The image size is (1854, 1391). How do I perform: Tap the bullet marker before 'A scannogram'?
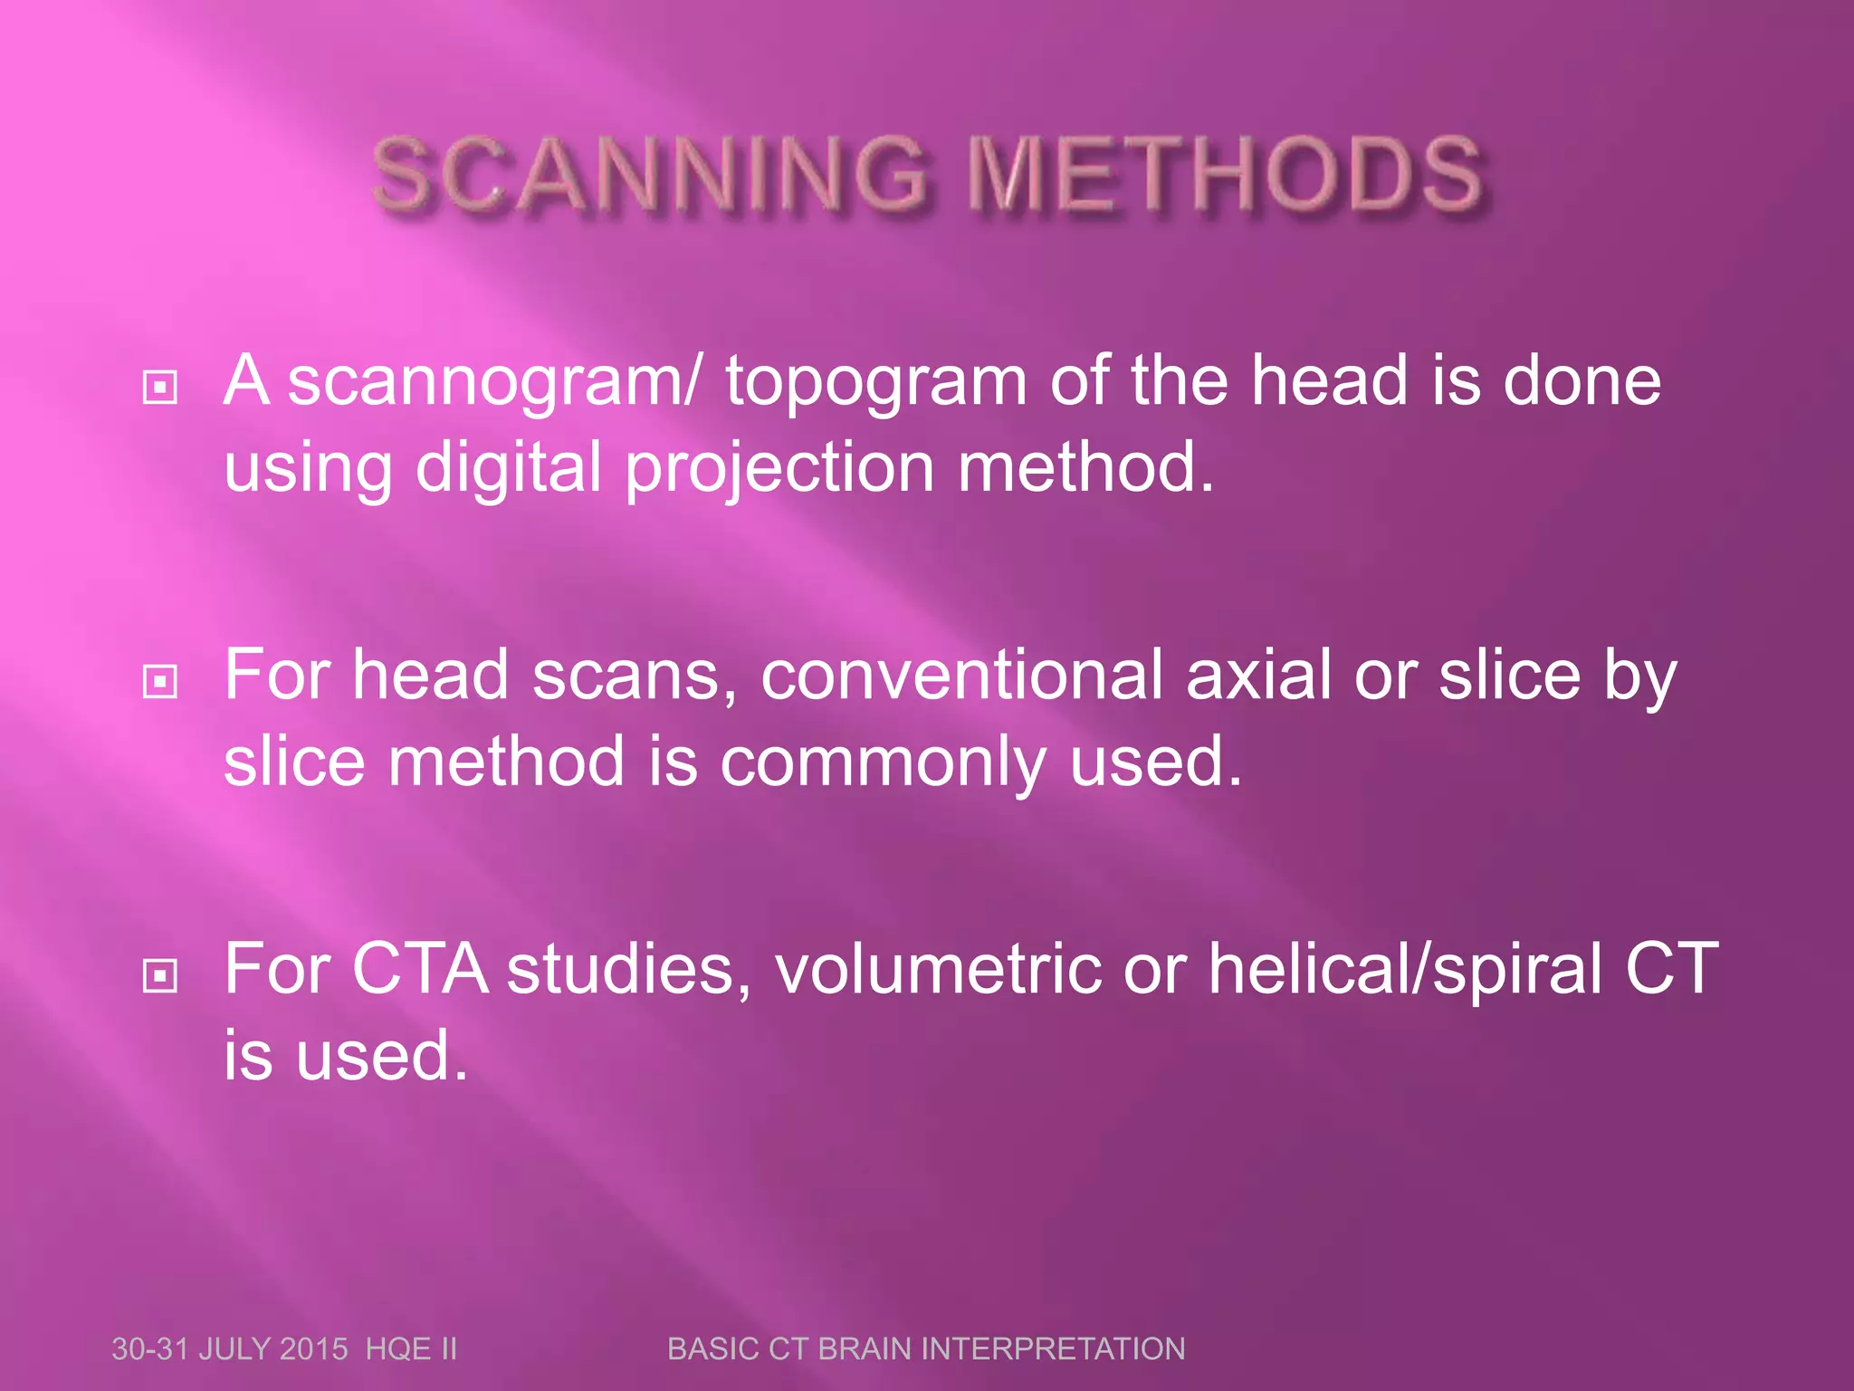point(160,388)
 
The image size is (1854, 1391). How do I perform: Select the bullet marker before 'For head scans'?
point(160,681)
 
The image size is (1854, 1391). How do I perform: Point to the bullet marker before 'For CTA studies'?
point(160,975)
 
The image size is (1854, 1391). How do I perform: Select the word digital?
point(508,468)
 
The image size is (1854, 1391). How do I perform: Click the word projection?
point(779,468)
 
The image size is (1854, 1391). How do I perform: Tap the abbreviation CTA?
point(420,970)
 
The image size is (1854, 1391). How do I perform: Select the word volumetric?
point(938,970)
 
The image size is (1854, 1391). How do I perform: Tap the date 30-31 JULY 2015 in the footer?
point(230,1348)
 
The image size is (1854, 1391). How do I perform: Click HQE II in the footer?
point(411,1348)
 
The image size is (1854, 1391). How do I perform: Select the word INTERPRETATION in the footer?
point(1067,1348)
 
